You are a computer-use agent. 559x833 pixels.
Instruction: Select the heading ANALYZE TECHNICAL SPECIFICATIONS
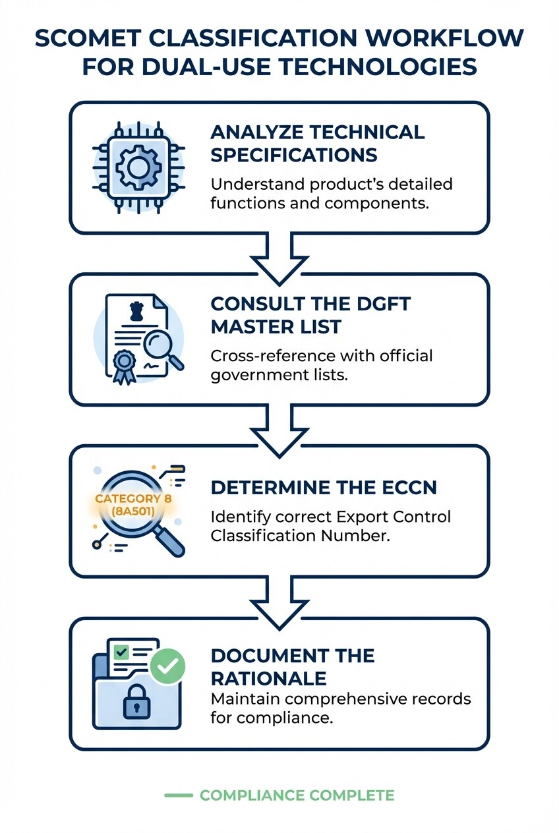[x=317, y=143]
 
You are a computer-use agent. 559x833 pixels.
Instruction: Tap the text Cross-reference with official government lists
[x=322, y=366]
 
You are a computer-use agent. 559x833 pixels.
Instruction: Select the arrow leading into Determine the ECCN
[x=279, y=432]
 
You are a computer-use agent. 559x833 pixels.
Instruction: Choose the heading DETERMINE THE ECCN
[x=324, y=488]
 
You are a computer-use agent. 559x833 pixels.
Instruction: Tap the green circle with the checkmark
[x=167, y=667]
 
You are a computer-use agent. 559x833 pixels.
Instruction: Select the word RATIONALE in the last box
[x=268, y=678]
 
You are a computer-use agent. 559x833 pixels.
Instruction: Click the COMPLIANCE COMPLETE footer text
[x=297, y=795]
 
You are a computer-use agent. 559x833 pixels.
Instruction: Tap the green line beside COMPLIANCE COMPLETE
[x=178, y=795]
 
